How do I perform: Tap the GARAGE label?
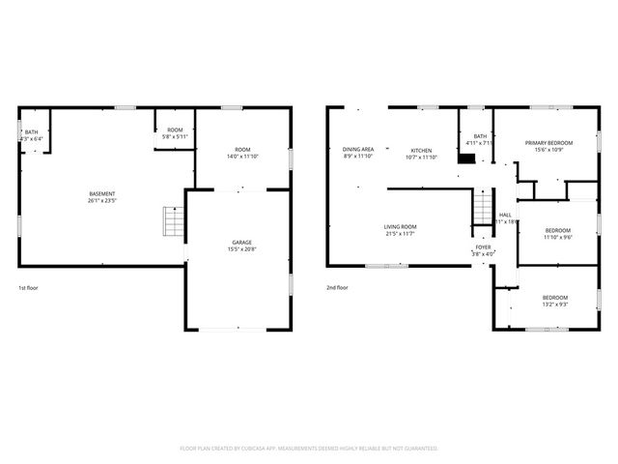(x=241, y=242)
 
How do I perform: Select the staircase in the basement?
(x=172, y=222)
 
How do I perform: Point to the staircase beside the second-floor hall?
(x=482, y=207)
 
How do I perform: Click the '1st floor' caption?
(x=29, y=287)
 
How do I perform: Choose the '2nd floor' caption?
(x=337, y=287)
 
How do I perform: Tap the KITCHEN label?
(x=421, y=150)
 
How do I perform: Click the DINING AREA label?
(x=358, y=149)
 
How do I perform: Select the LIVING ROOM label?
(x=407, y=226)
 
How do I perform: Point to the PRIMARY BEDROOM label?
(x=548, y=142)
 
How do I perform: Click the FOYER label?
(x=483, y=247)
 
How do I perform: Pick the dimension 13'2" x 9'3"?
(x=554, y=304)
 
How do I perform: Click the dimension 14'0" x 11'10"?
(x=242, y=157)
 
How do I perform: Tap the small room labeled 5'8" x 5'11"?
(x=175, y=136)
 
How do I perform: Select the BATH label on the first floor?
(x=32, y=132)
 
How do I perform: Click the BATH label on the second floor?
(x=480, y=136)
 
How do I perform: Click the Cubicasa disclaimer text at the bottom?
(x=309, y=449)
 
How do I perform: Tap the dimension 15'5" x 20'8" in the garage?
(x=241, y=248)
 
